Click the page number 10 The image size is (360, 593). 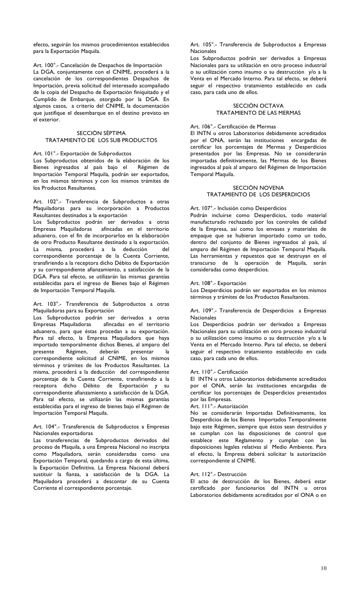point(324,568)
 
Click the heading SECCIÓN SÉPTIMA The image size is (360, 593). point(101,133)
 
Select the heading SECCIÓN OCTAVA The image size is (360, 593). point(258,106)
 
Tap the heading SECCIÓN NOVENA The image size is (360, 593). point(258,188)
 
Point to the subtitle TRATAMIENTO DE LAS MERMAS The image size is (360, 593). point(258,113)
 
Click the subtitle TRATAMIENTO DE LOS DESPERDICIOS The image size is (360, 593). point(258,195)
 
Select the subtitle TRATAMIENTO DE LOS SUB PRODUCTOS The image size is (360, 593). point(101,140)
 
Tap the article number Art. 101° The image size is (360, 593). point(43,154)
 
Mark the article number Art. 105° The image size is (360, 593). point(201,45)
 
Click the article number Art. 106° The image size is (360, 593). point(201,127)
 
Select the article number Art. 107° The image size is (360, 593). point(201,208)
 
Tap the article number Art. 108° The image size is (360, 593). point(201,283)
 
